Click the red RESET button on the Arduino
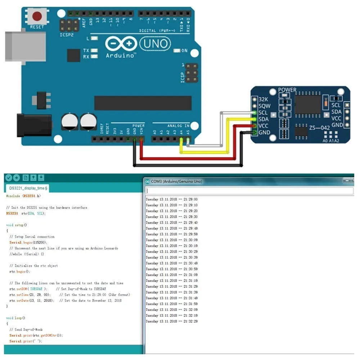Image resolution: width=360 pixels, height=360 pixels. pyautogui.click(x=37, y=16)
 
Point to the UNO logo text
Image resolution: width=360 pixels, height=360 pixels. pyautogui.click(x=156, y=44)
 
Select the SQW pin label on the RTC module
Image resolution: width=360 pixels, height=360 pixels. pyautogui.click(x=264, y=106)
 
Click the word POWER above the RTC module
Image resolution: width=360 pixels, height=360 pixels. pyautogui.click(x=287, y=90)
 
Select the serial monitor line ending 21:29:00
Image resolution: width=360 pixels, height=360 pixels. pyautogui.click(x=171, y=199)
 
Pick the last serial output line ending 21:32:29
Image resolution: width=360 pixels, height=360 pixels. pyautogui.click(x=171, y=321)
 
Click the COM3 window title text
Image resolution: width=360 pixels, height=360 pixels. pyautogui.click(x=176, y=181)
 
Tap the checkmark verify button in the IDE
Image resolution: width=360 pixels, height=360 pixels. pyautogui.click(x=8, y=177)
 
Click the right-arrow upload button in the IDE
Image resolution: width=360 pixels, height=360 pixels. pyautogui.click(x=16, y=177)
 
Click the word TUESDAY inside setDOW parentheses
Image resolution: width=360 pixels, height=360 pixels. pyautogui.click(x=36, y=289)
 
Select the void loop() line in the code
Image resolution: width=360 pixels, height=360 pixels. pyautogui.click(x=16, y=318)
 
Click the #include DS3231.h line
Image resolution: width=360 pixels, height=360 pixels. pyautogui.click(x=23, y=196)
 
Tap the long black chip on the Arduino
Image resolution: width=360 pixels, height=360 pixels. pyautogui.click(x=143, y=103)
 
